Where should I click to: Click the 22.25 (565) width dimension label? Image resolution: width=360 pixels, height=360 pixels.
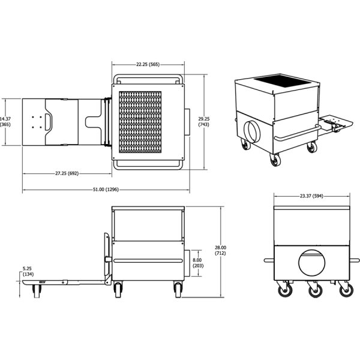click(x=148, y=64)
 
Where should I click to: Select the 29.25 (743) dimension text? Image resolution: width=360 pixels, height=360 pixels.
click(x=203, y=122)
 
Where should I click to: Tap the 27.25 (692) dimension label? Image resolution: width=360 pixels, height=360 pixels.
click(x=67, y=173)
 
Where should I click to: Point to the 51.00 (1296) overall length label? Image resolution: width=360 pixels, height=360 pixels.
click(x=106, y=190)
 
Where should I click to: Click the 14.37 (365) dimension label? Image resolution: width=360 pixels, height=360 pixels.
click(x=5, y=122)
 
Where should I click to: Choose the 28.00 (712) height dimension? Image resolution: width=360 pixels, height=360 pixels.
click(x=220, y=250)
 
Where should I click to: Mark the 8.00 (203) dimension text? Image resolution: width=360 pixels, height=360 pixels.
click(x=197, y=263)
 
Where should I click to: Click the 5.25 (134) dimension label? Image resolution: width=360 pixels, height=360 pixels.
click(x=28, y=271)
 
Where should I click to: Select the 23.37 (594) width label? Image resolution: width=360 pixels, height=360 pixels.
click(x=311, y=196)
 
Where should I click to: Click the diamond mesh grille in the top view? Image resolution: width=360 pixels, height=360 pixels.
click(x=140, y=122)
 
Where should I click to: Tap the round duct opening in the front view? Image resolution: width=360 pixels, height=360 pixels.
click(x=312, y=263)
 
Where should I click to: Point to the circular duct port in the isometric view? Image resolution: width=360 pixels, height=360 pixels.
click(x=252, y=132)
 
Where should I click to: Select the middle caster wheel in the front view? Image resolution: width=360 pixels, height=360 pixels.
click(x=315, y=291)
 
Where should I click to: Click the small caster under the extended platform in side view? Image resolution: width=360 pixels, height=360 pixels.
click(x=37, y=292)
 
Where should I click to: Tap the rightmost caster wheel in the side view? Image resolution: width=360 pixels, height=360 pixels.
click(x=178, y=290)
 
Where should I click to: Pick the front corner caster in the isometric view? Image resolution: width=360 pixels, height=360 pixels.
click(x=275, y=160)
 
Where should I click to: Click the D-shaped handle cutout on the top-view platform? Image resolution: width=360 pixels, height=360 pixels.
click(x=49, y=122)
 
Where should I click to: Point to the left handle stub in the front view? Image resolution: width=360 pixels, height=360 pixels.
click(x=269, y=260)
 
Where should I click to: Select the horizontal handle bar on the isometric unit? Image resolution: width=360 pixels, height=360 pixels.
click(x=298, y=133)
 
